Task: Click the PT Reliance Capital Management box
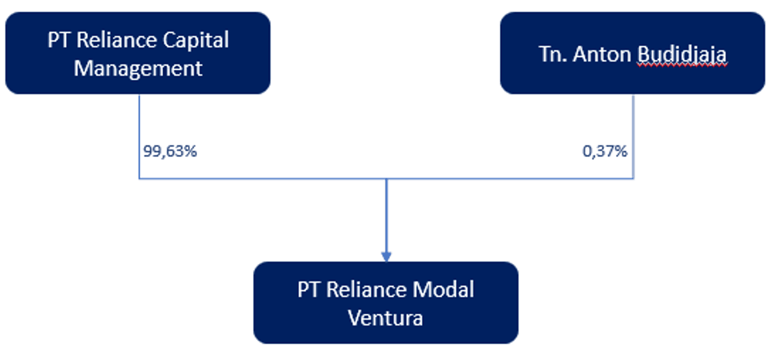138,53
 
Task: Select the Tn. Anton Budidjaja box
632,53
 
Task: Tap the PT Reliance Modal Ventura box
385,303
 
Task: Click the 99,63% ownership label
170,151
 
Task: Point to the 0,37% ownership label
604,151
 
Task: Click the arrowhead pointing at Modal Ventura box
386,256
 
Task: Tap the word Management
138,69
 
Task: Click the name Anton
603,54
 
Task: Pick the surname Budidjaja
681,54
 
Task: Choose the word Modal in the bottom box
443,290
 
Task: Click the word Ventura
385,318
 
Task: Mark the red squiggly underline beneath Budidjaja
681,65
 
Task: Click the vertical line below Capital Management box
139,122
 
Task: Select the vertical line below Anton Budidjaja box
633,122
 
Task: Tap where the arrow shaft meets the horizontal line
386,179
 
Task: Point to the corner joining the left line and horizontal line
139,179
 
